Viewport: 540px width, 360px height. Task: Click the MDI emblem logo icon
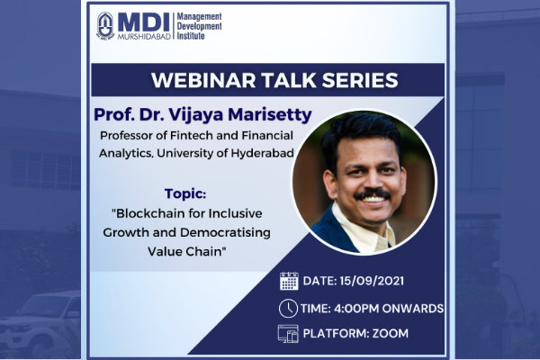pyautogui.click(x=105, y=26)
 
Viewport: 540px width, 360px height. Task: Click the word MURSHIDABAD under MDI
pyautogui.click(x=144, y=37)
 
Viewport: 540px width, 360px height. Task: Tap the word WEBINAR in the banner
pyautogui.click(x=203, y=80)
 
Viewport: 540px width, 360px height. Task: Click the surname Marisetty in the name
pyautogui.click(x=270, y=114)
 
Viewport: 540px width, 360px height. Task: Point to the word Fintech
pyautogui.click(x=192, y=135)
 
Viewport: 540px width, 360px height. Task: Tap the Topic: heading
pyautogui.click(x=185, y=193)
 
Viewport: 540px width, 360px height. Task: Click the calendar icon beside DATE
pyautogui.click(x=289, y=281)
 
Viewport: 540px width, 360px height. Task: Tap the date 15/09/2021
pyautogui.click(x=372, y=281)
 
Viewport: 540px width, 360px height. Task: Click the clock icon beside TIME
pyautogui.click(x=288, y=309)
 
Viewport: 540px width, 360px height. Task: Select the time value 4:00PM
pyautogui.click(x=356, y=309)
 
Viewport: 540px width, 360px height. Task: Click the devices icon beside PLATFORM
pyautogui.click(x=288, y=334)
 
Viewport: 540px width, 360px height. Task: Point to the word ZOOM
pyautogui.click(x=391, y=334)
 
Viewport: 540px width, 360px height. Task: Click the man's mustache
pyautogui.click(x=373, y=193)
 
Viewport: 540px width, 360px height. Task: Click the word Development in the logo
pyautogui.click(x=200, y=26)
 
